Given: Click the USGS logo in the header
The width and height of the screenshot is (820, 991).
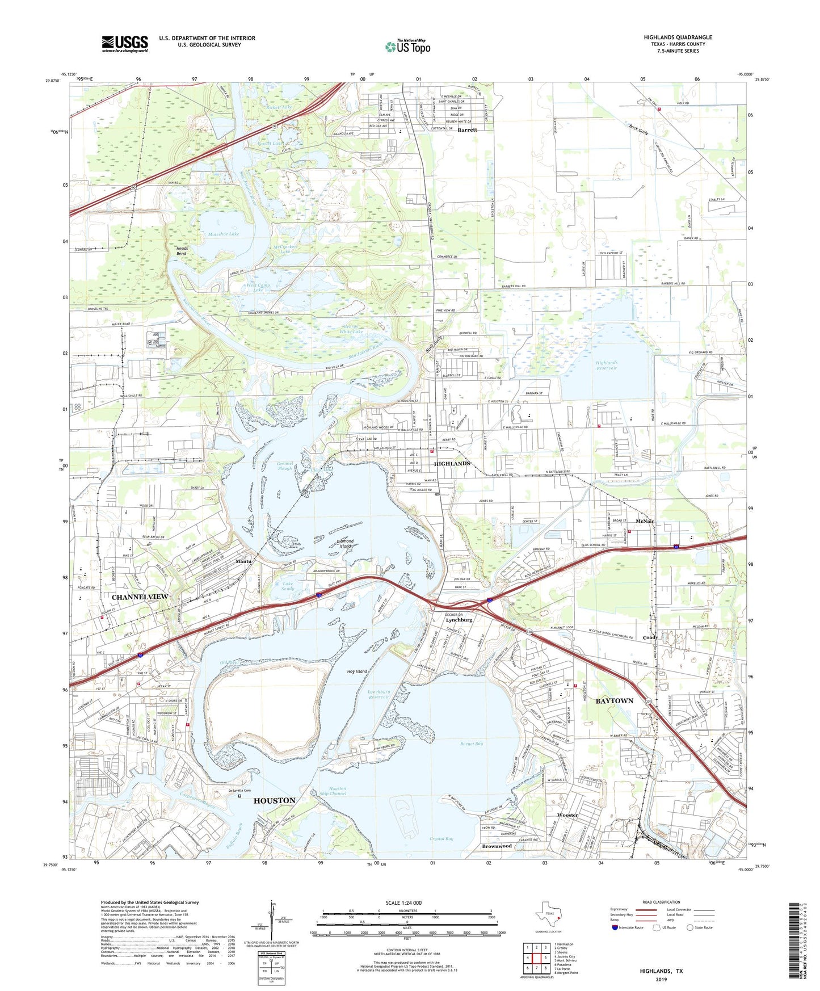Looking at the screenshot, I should pos(125,43).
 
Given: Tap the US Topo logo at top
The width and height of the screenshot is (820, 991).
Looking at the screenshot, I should pos(407,47).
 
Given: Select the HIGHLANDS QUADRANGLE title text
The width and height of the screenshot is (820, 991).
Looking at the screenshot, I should pos(678,37).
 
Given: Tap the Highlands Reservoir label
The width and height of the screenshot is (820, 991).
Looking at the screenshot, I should pos(606,366).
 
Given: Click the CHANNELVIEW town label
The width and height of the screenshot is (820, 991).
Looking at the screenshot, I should pos(140,597).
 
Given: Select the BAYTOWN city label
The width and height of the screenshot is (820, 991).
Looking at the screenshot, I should pos(614,701).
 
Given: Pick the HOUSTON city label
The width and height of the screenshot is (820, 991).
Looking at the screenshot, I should pos(274,800).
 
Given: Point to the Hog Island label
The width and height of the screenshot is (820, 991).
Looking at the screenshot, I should pos(358,671).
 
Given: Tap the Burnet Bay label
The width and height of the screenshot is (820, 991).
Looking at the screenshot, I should pos(472,744).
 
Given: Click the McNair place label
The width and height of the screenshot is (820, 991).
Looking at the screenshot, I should pos(645,521).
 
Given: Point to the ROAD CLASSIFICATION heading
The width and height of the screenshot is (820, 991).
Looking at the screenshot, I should pos(661,902).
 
